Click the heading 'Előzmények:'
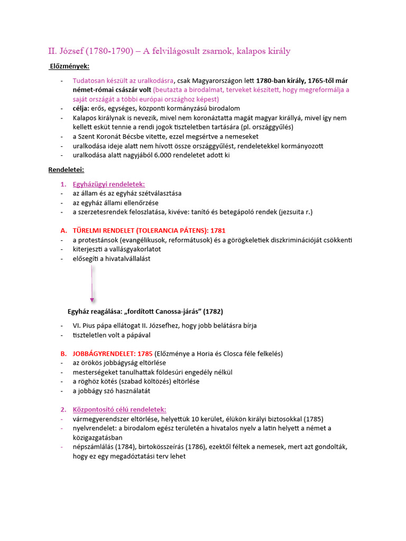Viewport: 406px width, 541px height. point(69,66)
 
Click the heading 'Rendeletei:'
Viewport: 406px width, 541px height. point(66,170)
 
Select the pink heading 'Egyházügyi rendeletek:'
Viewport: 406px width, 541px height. point(108,184)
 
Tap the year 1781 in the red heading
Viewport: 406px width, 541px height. point(218,231)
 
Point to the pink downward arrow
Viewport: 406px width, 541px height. point(92,285)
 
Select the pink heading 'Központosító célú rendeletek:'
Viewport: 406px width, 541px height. point(119,409)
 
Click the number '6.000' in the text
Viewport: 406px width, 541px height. point(165,155)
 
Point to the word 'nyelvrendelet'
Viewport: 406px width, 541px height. point(93,428)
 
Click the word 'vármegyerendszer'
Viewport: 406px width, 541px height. point(100,418)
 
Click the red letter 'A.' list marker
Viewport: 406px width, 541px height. point(63,231)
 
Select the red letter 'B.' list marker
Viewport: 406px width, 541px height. point(63,353)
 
